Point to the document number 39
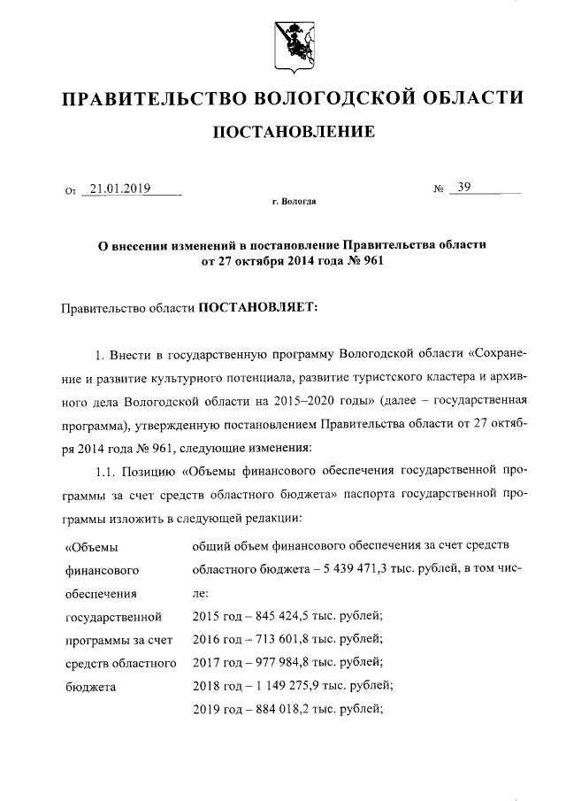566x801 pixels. click(x=464, y=188)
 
